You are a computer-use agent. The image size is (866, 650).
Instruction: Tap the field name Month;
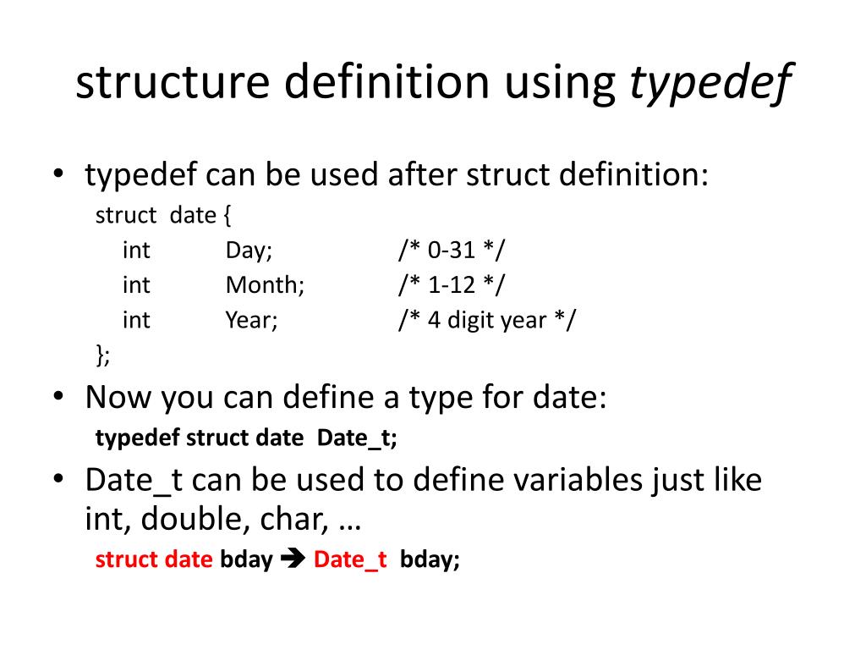pyautogui.click(x=265, y=285)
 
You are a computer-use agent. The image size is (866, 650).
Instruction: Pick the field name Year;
pyautogui.click(x=251, y=321)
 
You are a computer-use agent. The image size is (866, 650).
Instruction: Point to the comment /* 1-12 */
pyautogui.click(x=452, y=285)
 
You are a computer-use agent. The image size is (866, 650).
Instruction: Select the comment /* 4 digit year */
pyautogui.click(x=486, y=321)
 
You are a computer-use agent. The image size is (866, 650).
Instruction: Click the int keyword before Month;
pyautogui.click(x=136, y=285)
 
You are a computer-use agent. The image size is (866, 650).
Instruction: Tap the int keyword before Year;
pyautogui.click(x=136, y=321)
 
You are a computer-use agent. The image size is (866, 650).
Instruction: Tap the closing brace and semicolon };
pyautogui.click(x=103, y=355)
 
